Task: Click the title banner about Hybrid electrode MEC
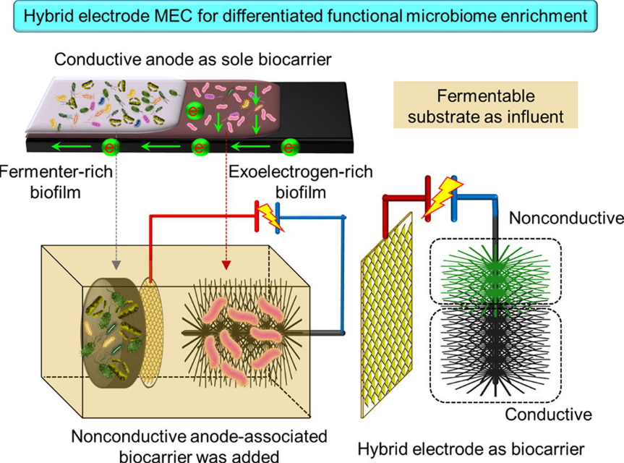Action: [x=311, y=16]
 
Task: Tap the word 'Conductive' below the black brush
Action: [x=549, y=415]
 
